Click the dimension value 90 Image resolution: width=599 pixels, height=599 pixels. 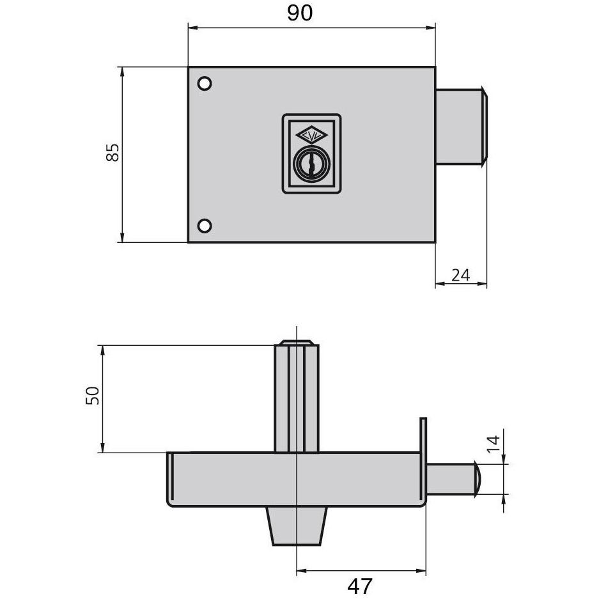(300, 13)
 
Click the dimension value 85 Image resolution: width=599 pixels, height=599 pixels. (113, 152)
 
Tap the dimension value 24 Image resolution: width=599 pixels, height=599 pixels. (460, 275)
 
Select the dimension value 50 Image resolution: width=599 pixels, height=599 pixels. (93, 395)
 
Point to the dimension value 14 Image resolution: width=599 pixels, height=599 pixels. (493, 444)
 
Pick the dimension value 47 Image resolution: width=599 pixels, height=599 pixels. (359, 586)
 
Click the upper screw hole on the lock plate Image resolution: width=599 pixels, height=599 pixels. (205, 83)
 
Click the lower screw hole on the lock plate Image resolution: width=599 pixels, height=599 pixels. (205, 226)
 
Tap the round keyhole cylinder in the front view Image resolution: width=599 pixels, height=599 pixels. (311, 164)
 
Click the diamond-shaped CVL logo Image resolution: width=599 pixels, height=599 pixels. (311, 135)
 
